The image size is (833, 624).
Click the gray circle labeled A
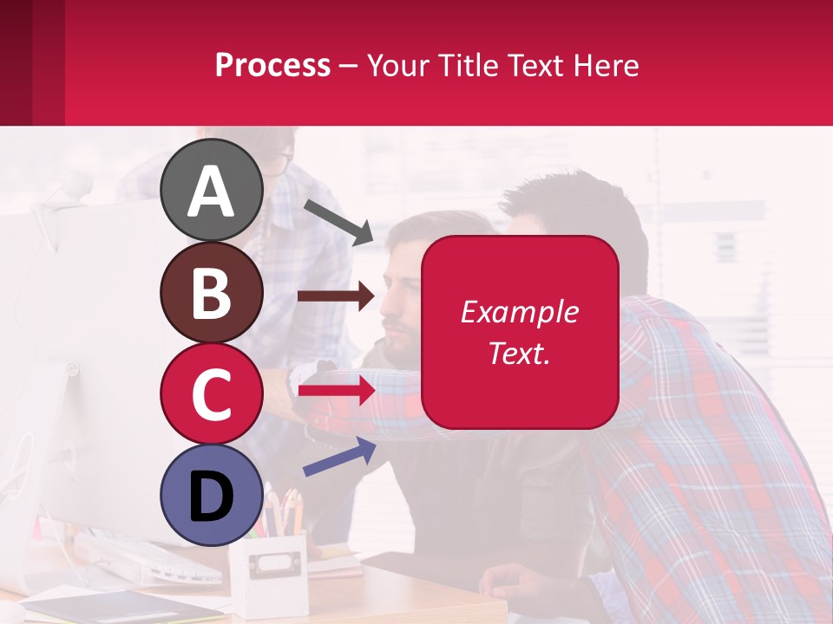point(211,190)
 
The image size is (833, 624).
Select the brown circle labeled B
point(211,292)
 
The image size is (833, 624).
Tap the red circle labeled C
point(211,394)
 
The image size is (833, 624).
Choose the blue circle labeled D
point(211,495)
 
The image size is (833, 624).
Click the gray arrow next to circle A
point(338,220)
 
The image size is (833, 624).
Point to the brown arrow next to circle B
point(336,296)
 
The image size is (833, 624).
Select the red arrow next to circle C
point(336,391)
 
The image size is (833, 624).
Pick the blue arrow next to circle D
point(339,457)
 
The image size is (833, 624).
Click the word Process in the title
point(272,65)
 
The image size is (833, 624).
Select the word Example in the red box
point(519,312)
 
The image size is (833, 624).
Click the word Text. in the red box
point(519,354)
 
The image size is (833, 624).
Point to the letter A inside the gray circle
point(211,192)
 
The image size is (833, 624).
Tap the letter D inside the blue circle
point(211,497)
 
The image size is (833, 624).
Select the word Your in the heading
point(398,65)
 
